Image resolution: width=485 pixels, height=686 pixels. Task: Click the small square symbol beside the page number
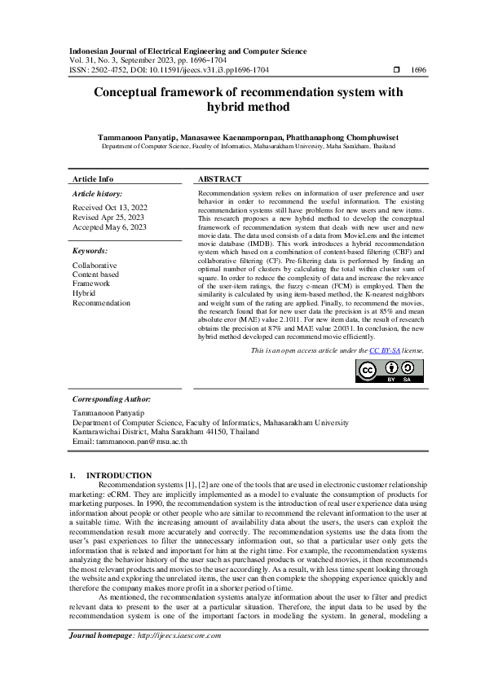(x=396, y=71)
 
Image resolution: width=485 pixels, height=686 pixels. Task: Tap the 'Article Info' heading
(x=93, y=179)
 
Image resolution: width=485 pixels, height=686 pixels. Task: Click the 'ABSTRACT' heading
(x=220, y=179)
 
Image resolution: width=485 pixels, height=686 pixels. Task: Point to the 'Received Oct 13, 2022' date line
(x=110, y=208)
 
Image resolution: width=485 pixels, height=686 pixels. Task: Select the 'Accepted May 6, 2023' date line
(x=110, y=227)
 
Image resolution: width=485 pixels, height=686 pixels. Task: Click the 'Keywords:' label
(x=90, y=252)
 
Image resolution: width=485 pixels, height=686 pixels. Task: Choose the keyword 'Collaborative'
(x=95, y=266)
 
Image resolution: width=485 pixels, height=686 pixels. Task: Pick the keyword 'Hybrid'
(x=84, y=293)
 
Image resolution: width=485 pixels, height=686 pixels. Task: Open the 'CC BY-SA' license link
(x=383, y=350)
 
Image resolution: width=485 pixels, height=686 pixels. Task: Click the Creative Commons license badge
(x=390, y=370)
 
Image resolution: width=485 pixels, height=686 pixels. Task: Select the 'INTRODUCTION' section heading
(x=119, y=476)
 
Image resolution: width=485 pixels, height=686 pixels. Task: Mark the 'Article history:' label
(x=97, y=194)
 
